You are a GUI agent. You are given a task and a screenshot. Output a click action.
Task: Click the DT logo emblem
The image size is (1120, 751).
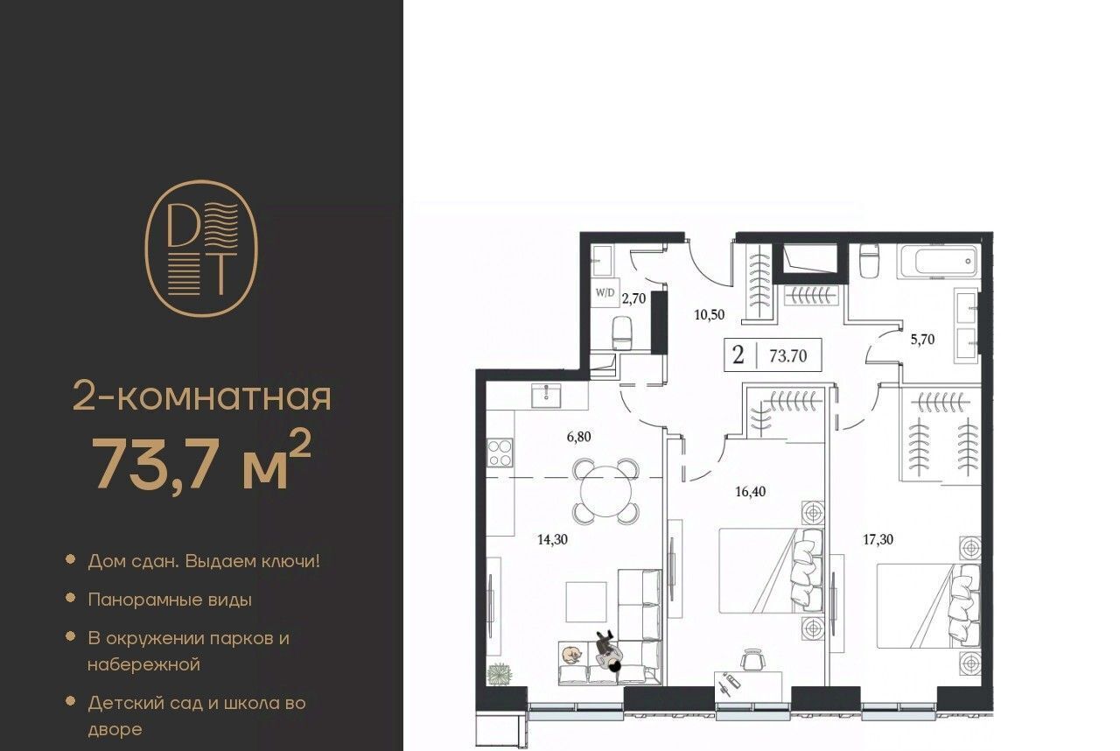pos(201,249)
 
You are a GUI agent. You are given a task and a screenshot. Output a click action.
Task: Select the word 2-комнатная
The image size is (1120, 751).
pos(202,396)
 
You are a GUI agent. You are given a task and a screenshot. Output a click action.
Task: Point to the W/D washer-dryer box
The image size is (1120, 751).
pos(605,293)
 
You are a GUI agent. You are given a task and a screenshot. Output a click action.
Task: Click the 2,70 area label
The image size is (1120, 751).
pos(633,299)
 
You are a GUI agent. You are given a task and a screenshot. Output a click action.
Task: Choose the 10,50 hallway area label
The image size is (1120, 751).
pos(709,314)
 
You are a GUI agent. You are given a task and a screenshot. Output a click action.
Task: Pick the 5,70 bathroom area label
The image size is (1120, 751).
pos(922,340)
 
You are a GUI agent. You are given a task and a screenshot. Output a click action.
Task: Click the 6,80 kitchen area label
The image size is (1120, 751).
pos(578,437)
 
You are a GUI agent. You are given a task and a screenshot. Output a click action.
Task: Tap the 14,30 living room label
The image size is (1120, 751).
pos(552,539)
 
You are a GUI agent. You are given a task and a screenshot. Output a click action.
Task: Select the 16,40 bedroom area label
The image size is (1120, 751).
pos(750,492)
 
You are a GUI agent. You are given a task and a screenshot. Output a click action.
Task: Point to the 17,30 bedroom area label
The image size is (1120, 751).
pos(878,539)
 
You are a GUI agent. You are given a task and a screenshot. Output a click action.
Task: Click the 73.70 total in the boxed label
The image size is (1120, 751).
pos(788,356)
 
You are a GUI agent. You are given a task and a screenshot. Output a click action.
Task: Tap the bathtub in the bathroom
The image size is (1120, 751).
pos(939,262)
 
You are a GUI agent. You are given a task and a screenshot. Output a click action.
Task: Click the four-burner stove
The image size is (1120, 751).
pos(500,453)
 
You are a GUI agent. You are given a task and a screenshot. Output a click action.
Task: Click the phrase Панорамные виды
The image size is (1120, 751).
pos(170,600)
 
